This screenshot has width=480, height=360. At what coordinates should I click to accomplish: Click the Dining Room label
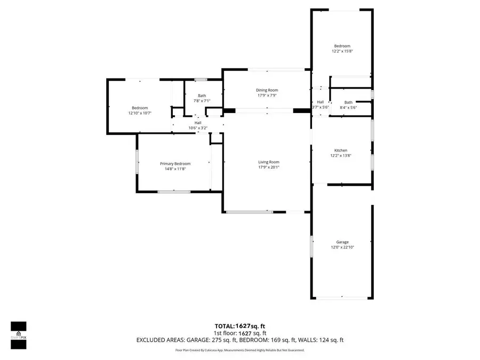pyautogui.click(x=267, y=90)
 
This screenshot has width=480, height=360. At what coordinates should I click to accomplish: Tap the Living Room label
pyautogui.click(x=269, y=162)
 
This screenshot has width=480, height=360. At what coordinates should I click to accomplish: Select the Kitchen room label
pyautogui.click(x=341, y=150)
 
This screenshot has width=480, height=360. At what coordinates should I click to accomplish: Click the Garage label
pyautogui.click(x=342, y=242)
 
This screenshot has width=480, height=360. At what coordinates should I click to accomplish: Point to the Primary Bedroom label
pyautogui.click(x=175, y=164)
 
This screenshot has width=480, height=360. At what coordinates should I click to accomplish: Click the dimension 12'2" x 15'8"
pyautogui.click(x=342, y=51)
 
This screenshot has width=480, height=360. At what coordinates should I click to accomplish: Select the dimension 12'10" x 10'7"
pyautogui.click(x=140, y=113)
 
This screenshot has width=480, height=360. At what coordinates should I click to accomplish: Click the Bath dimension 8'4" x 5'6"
pyautogui.click(x=348, y=107)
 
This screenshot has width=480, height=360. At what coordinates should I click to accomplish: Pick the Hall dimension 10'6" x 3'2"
pyautogui.click(x=197, y=128)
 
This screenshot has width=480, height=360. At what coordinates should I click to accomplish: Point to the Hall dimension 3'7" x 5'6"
pyautogui.click(x=321, y=107)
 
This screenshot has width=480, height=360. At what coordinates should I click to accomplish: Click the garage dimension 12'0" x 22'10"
pyautogui.click(x=342, y=247)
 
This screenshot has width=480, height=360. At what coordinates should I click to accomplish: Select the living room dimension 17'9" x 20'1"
pyautogui.click(x=269, y=167)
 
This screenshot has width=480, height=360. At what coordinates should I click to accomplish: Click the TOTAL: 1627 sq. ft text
pyautogui.click(x=239, y=325)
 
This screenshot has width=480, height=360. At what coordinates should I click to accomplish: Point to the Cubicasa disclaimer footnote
pyautogui.click(x=239, y=350)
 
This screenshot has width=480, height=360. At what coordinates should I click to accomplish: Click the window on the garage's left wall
pyautogui.click(x=312, y=247)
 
